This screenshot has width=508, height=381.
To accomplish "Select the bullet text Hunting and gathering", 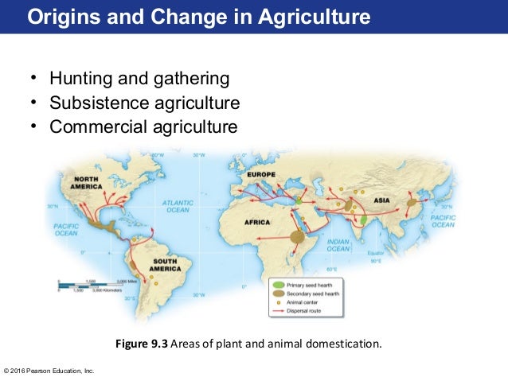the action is click(139, 79).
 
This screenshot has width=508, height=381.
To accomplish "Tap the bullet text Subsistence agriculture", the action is click(144, 103).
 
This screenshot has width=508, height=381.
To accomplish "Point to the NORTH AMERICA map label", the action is click(86, 183).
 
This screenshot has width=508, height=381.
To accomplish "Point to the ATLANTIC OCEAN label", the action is click(177, 207).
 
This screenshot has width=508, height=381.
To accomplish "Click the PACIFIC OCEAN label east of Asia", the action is click(442, 220).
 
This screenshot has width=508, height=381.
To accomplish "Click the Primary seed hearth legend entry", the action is click(315, 284).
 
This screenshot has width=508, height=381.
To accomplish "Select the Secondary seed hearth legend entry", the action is click(318, 294).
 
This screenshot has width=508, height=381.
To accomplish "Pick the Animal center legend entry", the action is click(309, 302).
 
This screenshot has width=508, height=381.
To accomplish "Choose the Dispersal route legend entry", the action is click(311, 311).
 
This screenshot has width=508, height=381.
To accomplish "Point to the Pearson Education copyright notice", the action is click(49, 370).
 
